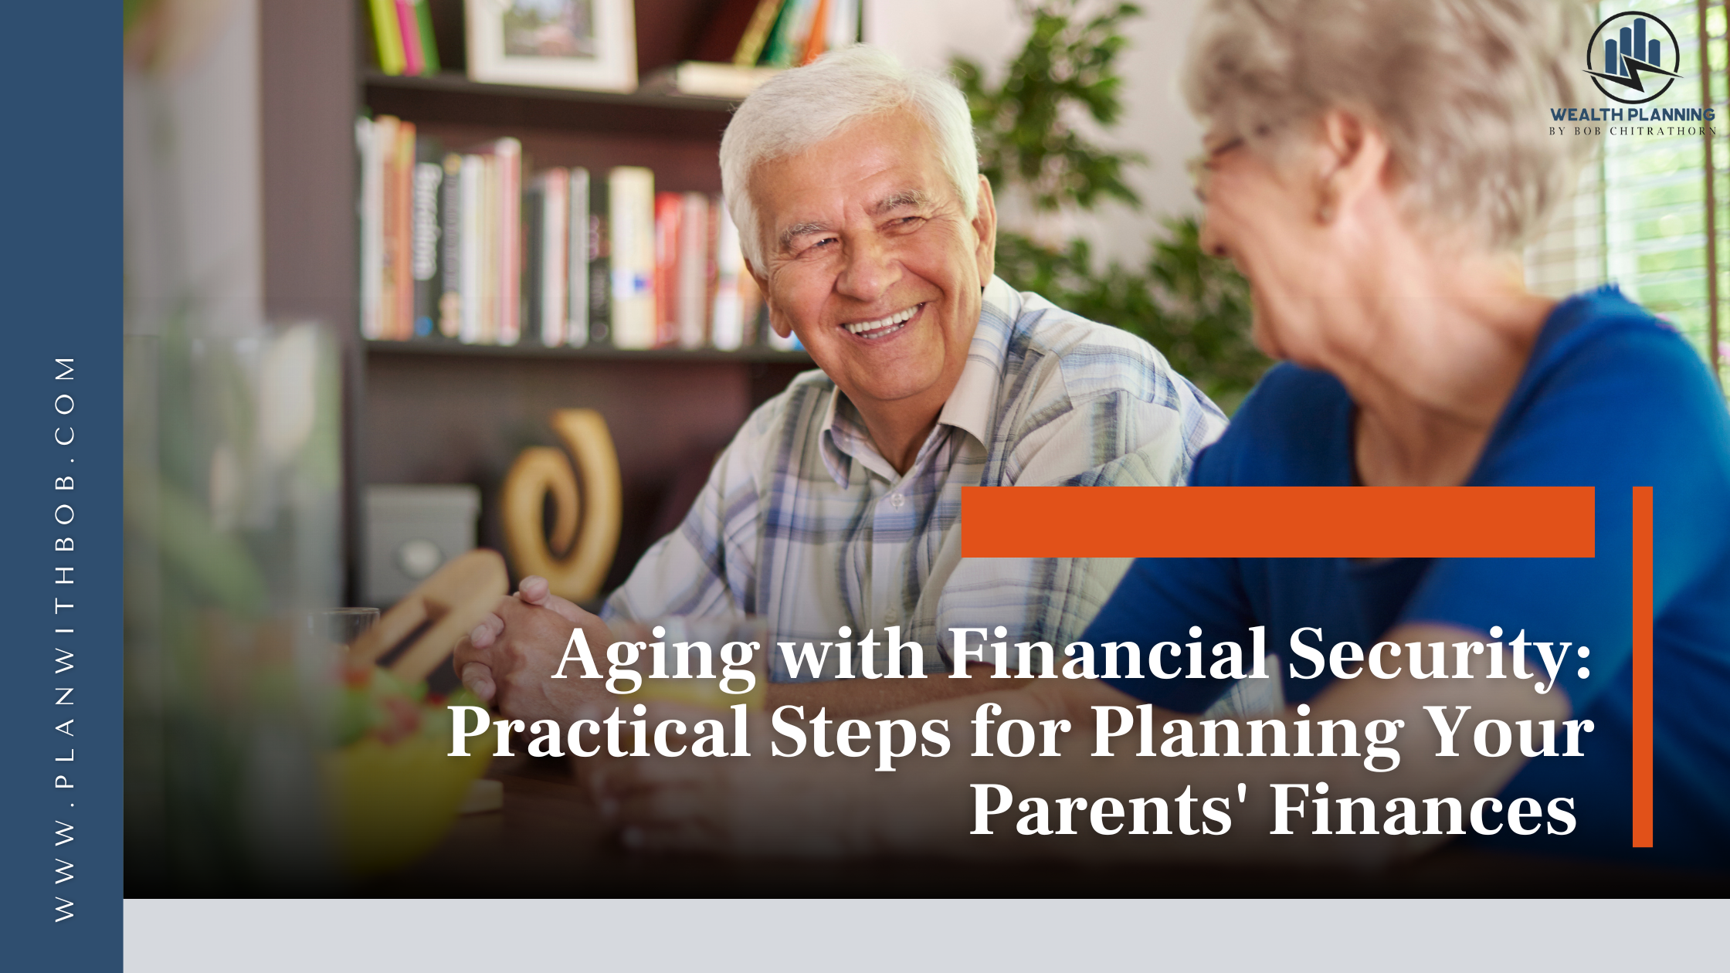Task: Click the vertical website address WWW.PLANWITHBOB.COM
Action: [x=65, y=639]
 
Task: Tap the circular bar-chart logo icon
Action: [x=1633, y=57]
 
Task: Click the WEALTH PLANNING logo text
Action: [x=1632, y=114]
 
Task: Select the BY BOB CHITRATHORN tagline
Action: [x=1632, y=131]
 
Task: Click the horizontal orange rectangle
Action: [x=1278, y=522]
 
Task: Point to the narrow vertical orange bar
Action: [x=1643, y=666]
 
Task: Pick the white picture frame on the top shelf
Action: [x=551, y=42]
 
